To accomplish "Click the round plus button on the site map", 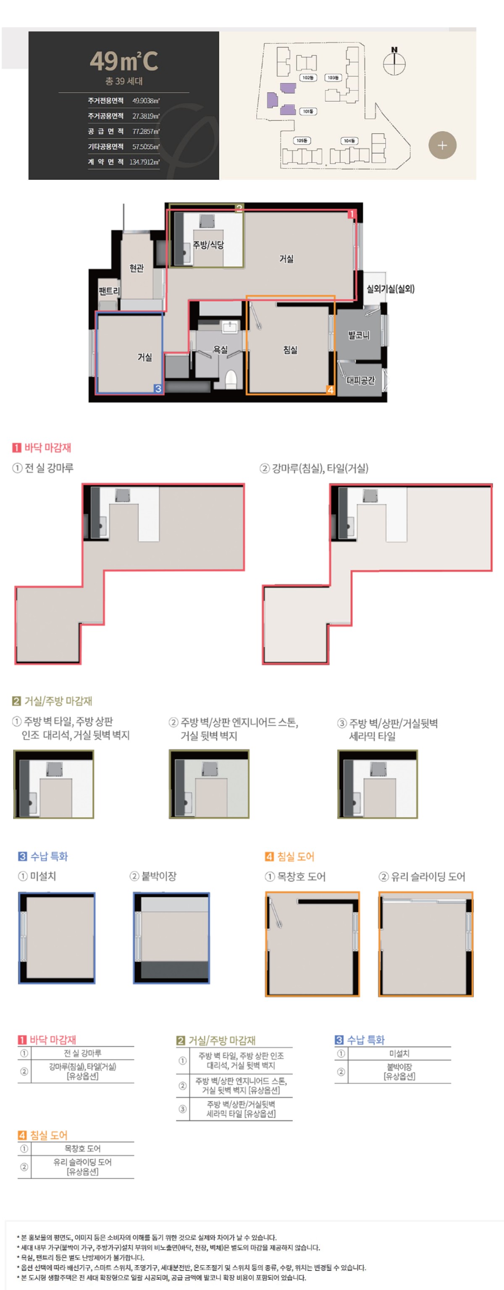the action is pyautogui.click(x=442, y=145).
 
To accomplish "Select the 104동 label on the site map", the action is pyautogui.click(x=349, y=141).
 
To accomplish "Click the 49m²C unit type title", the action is pyautogui.click(x=124, y=61).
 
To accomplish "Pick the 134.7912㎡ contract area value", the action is pyautogui.click(x=144, y=162).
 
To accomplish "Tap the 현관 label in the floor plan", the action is pyautogui.click(x=136, y=269).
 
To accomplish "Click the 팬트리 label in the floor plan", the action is pyautogui.click(x=109, y=291).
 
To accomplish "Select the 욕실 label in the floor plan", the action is pyautogui.click(x=220, y=350).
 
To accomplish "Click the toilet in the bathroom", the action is pyautogui.click(x=231, y=379).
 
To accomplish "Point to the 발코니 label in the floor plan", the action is pyautogui.click(x=359, y=335).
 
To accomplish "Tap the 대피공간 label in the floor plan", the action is pyautogui.click(x=361, y=380).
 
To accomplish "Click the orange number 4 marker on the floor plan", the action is pyautogui.click(x=330, y=390).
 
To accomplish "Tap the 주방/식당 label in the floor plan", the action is pyautogui.click(x=209, y=245).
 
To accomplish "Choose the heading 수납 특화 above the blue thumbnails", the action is pyautogui.click(x=49, y=856).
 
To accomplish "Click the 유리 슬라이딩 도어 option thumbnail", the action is pyautogui.click(x=425, y=943).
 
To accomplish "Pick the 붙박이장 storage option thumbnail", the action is pyautogui.click(x=171, y=937).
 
